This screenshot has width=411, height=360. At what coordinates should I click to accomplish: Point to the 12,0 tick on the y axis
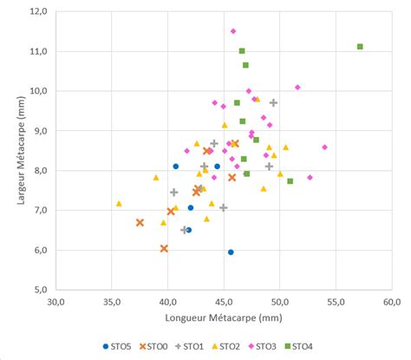[x=37, y=11]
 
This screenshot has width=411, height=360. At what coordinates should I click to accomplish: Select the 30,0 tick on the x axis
[x=56, y=302]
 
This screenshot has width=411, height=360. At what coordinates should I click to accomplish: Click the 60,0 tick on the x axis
[x=392, y=302]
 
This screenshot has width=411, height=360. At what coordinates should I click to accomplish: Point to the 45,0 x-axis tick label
[x=224, y=302]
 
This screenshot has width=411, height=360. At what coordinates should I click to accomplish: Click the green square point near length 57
[x=360, y=47]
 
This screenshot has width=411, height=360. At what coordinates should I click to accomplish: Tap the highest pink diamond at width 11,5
[x=232, y=31]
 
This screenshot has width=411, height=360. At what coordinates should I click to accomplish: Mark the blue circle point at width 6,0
[x=231, y=252]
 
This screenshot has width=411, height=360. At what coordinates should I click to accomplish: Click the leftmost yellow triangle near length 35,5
[x=119, y=204]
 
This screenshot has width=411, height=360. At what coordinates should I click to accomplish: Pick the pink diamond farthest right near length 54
[x=324, y=147]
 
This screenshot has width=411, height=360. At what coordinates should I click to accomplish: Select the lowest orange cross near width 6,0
[x=164, y=248]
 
